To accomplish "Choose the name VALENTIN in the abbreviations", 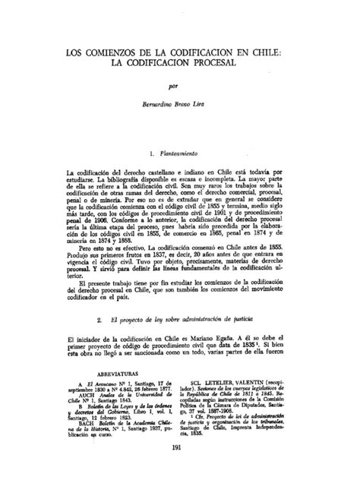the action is click(x=261, y=373).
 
